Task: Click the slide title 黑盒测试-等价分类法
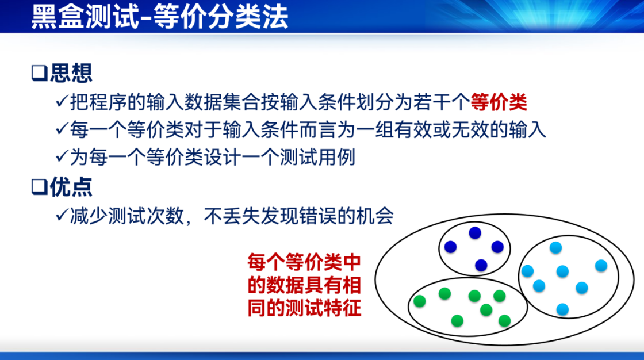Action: point(160,17)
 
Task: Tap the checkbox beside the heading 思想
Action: point(40,73)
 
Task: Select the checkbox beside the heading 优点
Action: point(40,187)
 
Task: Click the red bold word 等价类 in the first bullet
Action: point(499,102)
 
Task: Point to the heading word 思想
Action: point(71,73)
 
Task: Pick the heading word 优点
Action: point(71,187)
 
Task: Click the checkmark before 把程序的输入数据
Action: point(62,101)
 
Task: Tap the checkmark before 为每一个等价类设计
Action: point(62,156)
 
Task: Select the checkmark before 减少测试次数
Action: point(62,215)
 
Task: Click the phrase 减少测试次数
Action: point(127,216)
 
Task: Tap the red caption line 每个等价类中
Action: point(304,262)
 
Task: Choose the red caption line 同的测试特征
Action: point(304,308)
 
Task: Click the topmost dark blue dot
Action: point(475,233)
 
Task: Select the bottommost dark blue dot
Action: point(481,265)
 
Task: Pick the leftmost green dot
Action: point(419,301)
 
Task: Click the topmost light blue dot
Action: point(555,248)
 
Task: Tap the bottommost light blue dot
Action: point(562,309)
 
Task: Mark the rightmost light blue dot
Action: point(601,266)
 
